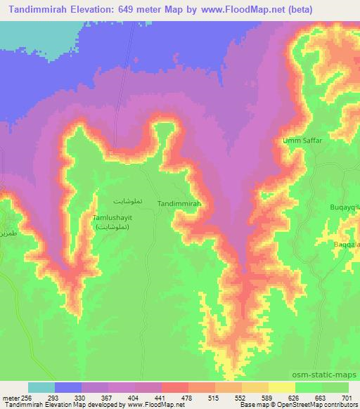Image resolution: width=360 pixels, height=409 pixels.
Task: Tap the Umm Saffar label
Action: tap(302, 141)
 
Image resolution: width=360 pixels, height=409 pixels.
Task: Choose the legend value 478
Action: tap(187, 398)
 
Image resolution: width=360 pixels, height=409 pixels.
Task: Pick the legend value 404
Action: tap(135, 398)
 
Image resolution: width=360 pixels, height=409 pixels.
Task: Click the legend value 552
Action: tap(239, 398)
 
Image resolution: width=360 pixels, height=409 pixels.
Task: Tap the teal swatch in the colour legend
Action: tap(41, 387)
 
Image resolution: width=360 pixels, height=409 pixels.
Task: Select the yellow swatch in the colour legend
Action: tap(282, 387)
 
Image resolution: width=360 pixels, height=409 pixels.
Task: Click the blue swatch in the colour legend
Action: tap(68, 387)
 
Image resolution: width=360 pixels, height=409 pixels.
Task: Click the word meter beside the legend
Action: tap(11, 398)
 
